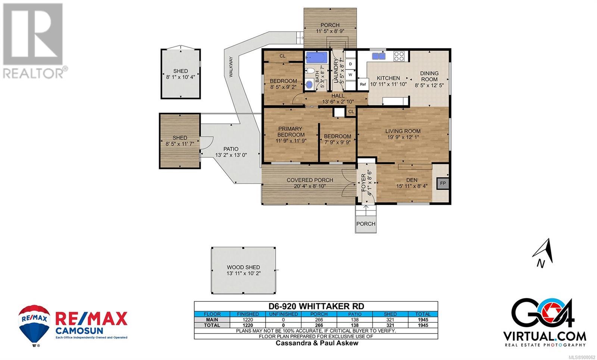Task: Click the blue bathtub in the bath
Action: [317, 57]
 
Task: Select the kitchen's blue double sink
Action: [379, 56]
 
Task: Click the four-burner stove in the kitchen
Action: [399, 56]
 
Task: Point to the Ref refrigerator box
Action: [363, 84]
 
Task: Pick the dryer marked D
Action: [350, 64]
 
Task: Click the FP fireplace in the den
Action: [443, 183]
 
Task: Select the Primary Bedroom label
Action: [290, 132]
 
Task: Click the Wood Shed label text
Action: [243, 267]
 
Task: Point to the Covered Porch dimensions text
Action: [310, 186]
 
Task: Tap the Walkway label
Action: [231, 67]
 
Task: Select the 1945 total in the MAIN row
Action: [423, 320]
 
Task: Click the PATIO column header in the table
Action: [355, 314]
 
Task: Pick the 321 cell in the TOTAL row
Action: [390, 325]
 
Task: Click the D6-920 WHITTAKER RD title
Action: [316, 306]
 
